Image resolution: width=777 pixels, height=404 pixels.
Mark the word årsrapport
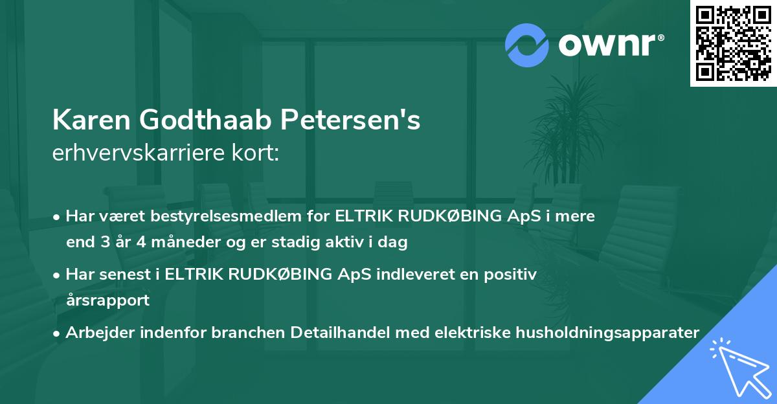click(x=107, y=300)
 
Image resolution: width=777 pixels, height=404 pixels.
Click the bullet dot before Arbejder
click(x=58, y=333)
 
